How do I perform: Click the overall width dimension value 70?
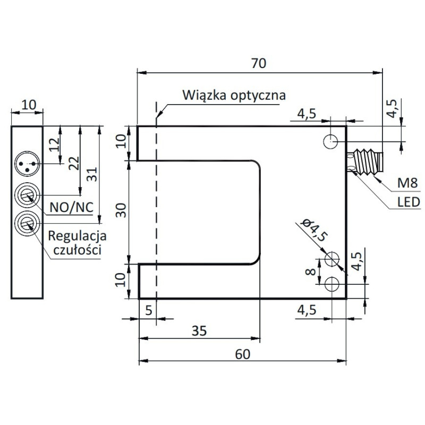(x=258, y=62)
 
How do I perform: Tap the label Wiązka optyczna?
(x=234, y=96)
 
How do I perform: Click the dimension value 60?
(x=242, y=354)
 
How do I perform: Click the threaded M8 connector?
(x=365, y=160)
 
